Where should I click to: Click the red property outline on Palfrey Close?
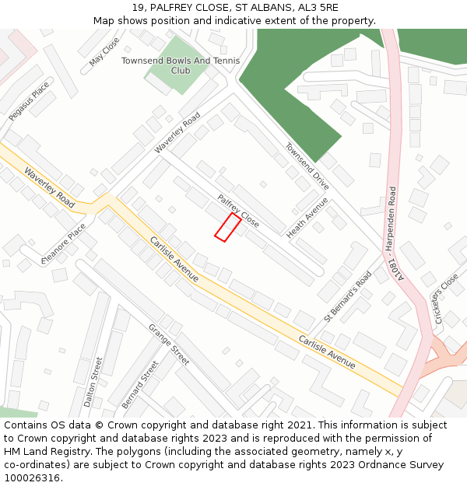click(x=227, y=226)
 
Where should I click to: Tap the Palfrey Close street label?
click(x=238, y=210)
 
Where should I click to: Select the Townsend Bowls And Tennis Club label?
click(x=181, y=65)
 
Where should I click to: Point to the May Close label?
click(x=104, y=51)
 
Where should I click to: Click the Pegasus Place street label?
click(x=29, y=101)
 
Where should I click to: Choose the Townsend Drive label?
click(x=307, y=165)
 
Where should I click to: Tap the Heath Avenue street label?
click(x=307, y=218)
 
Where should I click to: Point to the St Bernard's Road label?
click(x=348, y=295)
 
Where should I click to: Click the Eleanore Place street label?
click(x=68, y=243)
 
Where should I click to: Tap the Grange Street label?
click(x=169, y=344)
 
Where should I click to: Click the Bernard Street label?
click(x=139, y=384)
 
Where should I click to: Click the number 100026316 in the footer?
click(x=32, y=477)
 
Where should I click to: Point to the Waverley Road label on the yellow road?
click(x=49, y=187)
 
